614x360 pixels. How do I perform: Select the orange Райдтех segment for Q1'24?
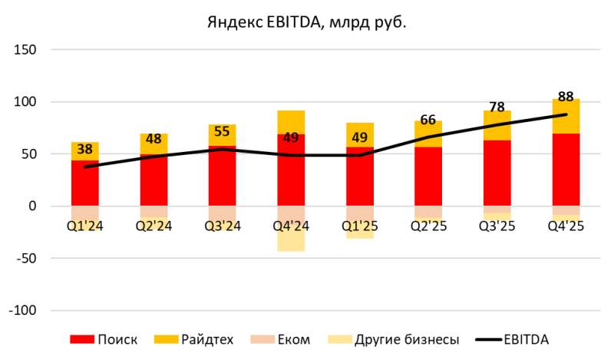click(x=85, y=150)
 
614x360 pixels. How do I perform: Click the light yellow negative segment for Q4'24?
click(x=291, y=239)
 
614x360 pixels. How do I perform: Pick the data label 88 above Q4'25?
click(x=566, y=97)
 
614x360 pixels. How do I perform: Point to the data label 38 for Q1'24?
click(x=85, y=150)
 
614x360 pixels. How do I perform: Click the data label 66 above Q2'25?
click(x=428, y=120)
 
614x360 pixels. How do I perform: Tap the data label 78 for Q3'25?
click(x=497, y=107)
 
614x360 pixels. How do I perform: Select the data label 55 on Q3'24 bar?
click(x=223, y=132)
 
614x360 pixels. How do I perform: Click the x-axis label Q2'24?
click(x=153, y=226)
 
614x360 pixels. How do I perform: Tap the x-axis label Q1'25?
click(x=360, y=226)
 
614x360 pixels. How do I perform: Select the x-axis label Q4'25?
click(x=566, y=226)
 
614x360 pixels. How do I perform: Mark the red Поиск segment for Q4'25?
click(x=566, y=169)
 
